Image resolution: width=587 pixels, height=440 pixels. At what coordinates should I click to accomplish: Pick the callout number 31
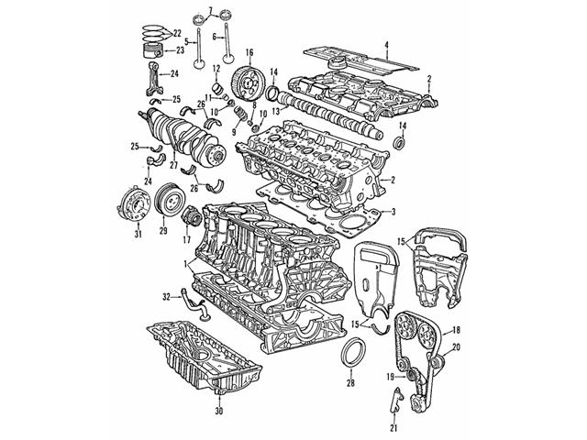pos(138,259)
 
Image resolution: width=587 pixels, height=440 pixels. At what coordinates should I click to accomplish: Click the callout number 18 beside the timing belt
pos(457,328)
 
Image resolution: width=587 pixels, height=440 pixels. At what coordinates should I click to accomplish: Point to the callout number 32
pos(167,296)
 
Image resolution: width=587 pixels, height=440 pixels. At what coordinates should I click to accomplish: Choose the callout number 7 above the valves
pos(210,8)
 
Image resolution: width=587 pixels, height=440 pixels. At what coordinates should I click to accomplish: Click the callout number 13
pos(262,112)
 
